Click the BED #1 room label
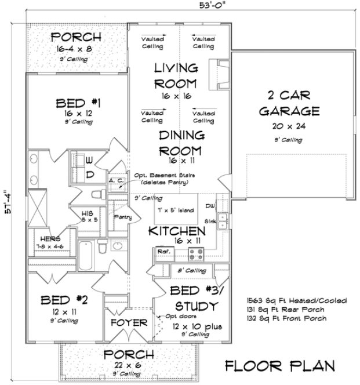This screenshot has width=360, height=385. (x=79, y=104)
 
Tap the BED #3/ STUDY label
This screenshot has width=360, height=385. (x=195, y=298)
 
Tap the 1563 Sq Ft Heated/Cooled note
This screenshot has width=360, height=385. (x=296, y=301)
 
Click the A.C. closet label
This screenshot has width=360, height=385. (x=115, y=181)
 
